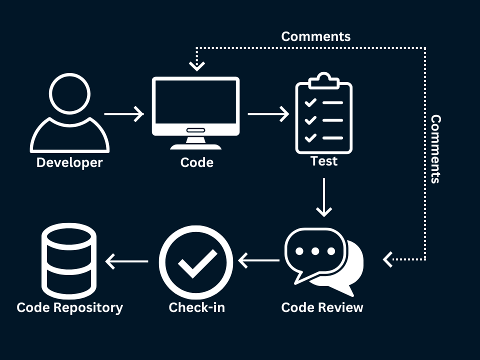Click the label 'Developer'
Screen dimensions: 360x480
[x=69, y=162]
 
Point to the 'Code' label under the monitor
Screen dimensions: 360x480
[x=196, y=162]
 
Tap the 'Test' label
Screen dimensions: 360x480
[x=324, y=161]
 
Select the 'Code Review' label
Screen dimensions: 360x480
[x=322, y=307]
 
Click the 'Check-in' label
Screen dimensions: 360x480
[x=196, y=307]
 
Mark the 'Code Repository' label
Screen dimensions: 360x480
[x=69, y=307]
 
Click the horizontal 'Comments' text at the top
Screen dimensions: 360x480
[x=315, y=36]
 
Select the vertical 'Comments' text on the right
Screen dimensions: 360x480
[x=435, y=149]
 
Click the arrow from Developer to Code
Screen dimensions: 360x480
[x=124, y=114]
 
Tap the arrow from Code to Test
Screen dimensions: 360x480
[x=268, y=114]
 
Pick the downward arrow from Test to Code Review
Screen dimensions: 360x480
[x=324, y=197]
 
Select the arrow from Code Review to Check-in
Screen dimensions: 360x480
[x=259, y=260]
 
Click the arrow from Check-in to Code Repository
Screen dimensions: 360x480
[x=127, y=260]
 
